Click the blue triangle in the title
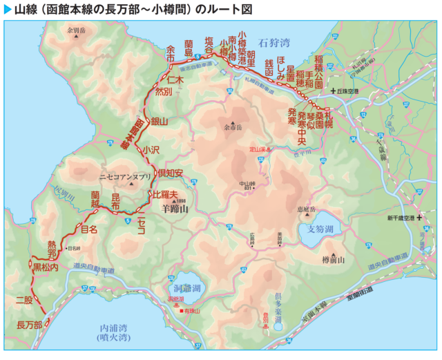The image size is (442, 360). (8, 9)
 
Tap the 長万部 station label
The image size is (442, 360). (29, 324)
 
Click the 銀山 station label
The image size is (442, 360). (160, 122)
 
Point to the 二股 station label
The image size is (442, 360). (24, 300)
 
